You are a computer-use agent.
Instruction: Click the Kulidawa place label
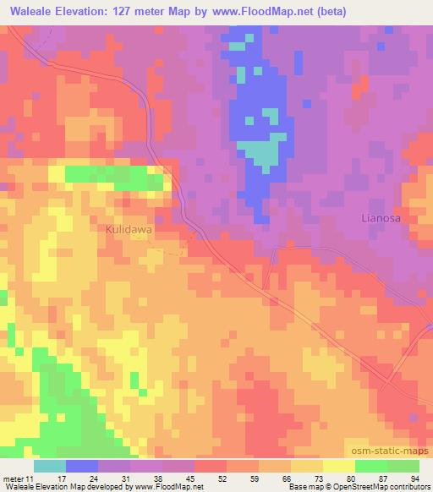[129, 229]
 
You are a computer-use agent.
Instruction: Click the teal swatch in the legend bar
[50, 466]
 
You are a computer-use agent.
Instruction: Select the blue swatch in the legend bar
[82, 466]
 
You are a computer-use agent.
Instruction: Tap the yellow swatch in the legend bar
[338, 466]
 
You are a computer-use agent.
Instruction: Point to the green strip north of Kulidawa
[114, 176]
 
